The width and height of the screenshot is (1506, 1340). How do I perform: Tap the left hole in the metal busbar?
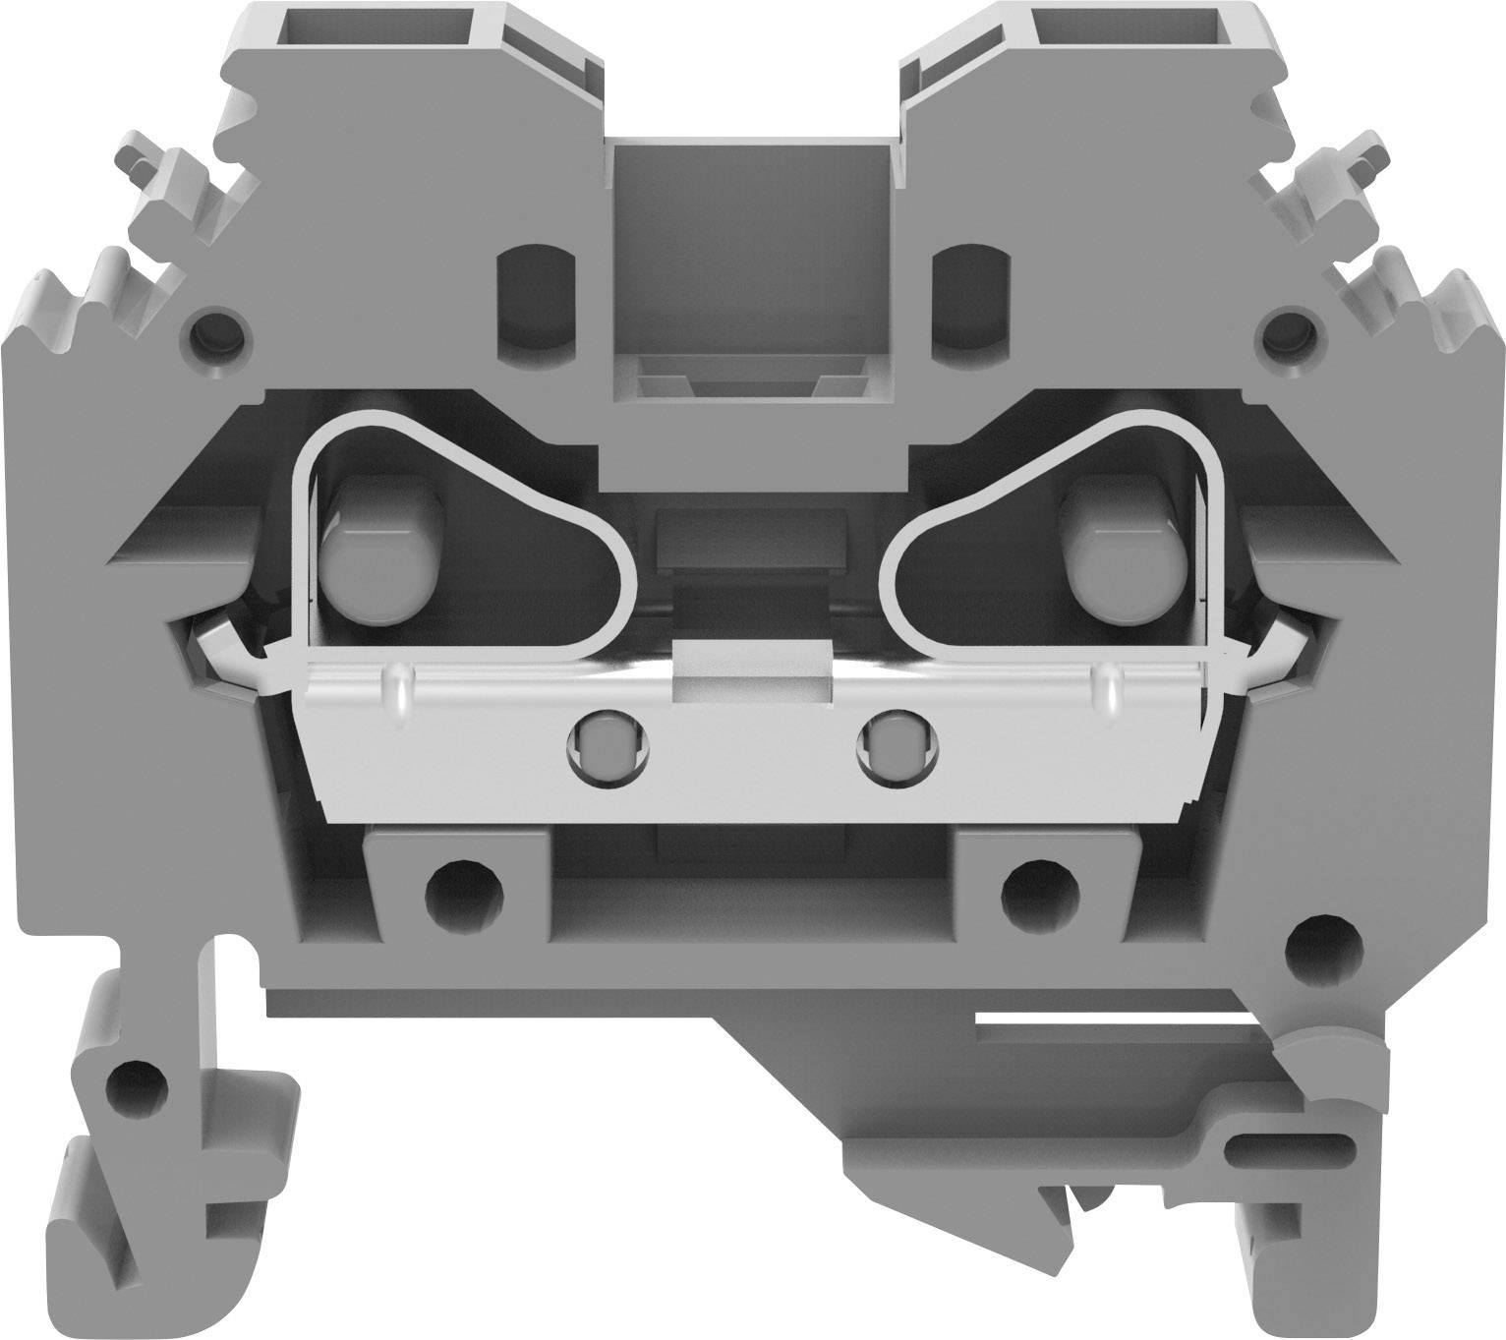(x=608, y=747)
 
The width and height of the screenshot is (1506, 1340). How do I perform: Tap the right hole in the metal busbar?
(x=898, y=747)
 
